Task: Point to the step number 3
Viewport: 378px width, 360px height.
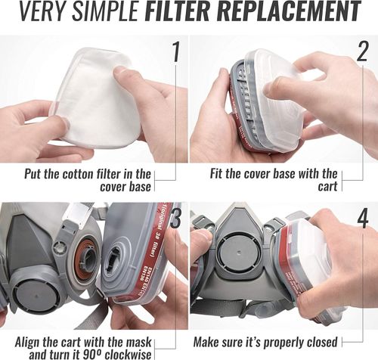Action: pos(175,220)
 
